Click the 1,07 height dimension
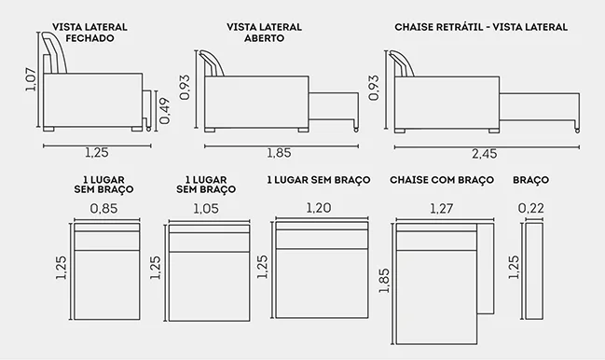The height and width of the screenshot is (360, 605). [x=31, y=80]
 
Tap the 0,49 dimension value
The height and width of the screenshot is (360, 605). [x=164, y=111]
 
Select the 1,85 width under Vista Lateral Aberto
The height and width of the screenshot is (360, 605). [x=279, y=153]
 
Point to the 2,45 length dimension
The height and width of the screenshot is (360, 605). [x=485, y=154]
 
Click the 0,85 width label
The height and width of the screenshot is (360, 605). [x=103, y=209]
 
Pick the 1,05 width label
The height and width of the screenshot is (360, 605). [x=206, y=209]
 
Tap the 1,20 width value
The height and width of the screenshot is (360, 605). [x=319, y=208]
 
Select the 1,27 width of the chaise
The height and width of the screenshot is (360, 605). [x=442, y=209]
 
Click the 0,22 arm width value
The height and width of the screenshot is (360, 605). [x=531, y=208]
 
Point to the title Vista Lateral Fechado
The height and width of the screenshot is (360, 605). [x=89, y=33]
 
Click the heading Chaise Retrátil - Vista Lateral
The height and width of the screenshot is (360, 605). [x=481, y=27]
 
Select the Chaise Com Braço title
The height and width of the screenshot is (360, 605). [x=442, y=180]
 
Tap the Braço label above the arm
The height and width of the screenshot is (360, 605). [x=531, y=180]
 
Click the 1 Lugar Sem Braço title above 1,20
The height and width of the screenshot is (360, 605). [x=319, y=180]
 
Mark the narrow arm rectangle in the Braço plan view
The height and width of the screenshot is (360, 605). [x=534, y=270]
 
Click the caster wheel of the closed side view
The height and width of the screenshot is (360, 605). [x=148, y=129]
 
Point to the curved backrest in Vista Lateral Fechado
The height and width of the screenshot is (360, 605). [x=55, y=53]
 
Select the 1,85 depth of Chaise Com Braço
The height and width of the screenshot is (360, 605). [x=384, y=281]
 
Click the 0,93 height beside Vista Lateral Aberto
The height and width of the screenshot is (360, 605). [x=185, y=88]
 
